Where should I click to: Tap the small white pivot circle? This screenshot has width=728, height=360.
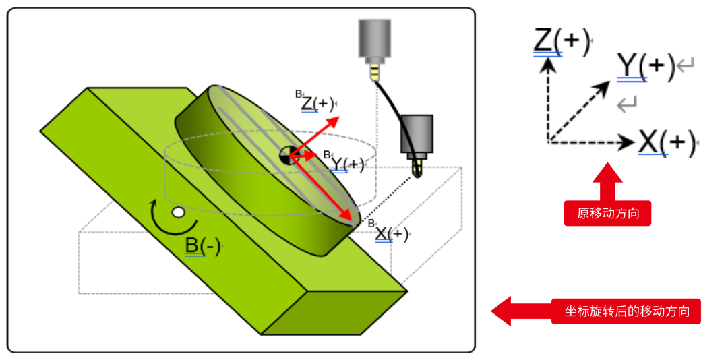pyautogui.click(x=178, y=212)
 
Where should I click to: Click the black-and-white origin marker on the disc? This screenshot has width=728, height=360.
pyautogui.click(x=288, y=156)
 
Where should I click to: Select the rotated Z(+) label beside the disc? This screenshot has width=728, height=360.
pyautogui.click(x=317, y=104)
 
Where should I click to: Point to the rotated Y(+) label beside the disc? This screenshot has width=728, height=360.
pyautogui.click(x=347, y=164)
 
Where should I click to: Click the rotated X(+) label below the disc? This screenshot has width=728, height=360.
pyautogui.click(x=392, y=234)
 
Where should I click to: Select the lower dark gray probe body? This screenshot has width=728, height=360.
pyautogui.click(x=417, y=133)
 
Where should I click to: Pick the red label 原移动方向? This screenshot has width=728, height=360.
pyautogui.click(x=607, y=214)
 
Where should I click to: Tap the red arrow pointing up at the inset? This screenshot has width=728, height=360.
pyautogui.click(x=607, y=183)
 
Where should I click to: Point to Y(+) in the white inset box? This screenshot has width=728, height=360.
pyautogui.click(x=646, y=65)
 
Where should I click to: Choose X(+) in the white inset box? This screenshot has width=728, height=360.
pyautogui.click(x=666, y=142)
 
